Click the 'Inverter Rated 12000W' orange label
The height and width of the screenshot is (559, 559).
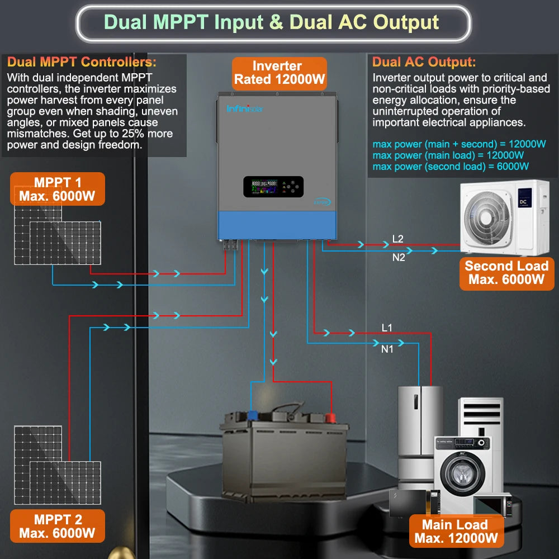[279, 73]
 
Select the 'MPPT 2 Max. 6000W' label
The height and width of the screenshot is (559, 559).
[57, 526]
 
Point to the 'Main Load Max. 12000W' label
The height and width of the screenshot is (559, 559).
[455, 531]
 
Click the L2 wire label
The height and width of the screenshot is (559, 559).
[398, 239]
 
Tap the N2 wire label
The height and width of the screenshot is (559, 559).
[398, 258]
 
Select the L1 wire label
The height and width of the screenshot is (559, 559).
[387, 327]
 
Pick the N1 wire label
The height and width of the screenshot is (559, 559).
[387, 349]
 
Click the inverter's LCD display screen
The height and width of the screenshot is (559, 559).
[264, 187]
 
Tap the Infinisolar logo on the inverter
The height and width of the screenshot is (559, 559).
[245, 108]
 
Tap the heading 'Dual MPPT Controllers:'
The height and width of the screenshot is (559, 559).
[82, 62]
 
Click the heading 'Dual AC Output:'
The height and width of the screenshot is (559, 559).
[424, 62]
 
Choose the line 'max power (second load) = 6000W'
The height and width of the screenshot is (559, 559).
[451, 166]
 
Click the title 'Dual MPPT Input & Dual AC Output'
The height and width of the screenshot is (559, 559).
[272, 22]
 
